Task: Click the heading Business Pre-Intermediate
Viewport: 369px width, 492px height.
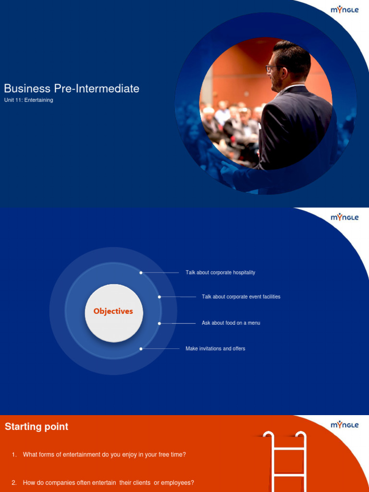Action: pos(72,88)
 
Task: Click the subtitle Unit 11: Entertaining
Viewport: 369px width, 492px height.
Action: pos(28,100)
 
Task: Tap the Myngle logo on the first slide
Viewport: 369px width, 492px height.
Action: pos(344,10)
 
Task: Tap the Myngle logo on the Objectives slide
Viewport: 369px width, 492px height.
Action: pos(344,217)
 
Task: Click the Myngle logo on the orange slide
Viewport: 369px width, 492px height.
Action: pos(344,425)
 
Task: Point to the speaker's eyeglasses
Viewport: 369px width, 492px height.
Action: pos(272,68)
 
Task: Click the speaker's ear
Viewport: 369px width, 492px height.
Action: pos(284,73)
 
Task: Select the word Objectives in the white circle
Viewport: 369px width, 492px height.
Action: pos(113,311)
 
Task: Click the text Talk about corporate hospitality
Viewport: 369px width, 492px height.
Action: pos(220,272)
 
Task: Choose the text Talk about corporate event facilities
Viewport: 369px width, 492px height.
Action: pos(241,297)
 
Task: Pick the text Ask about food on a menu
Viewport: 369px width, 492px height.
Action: pos(231,323)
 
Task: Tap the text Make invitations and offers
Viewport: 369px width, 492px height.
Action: pos(215,348)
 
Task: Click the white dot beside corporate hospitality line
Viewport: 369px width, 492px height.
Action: pos(141,272)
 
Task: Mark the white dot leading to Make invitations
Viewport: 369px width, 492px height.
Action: pos(141,349)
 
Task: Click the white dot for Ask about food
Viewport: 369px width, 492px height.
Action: pos(160,323)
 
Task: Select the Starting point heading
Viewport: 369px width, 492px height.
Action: pos(37,427)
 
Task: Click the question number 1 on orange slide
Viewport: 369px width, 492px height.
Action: pos(14,455)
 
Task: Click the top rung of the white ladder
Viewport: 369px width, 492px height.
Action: pos(285,449)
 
